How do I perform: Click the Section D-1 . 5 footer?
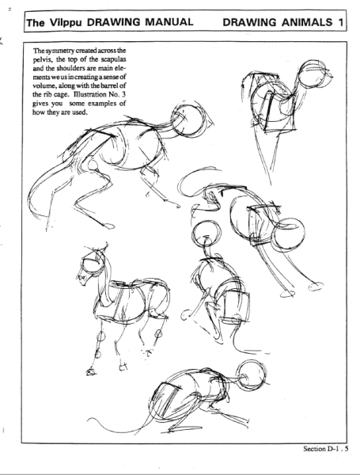coord(324,448)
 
